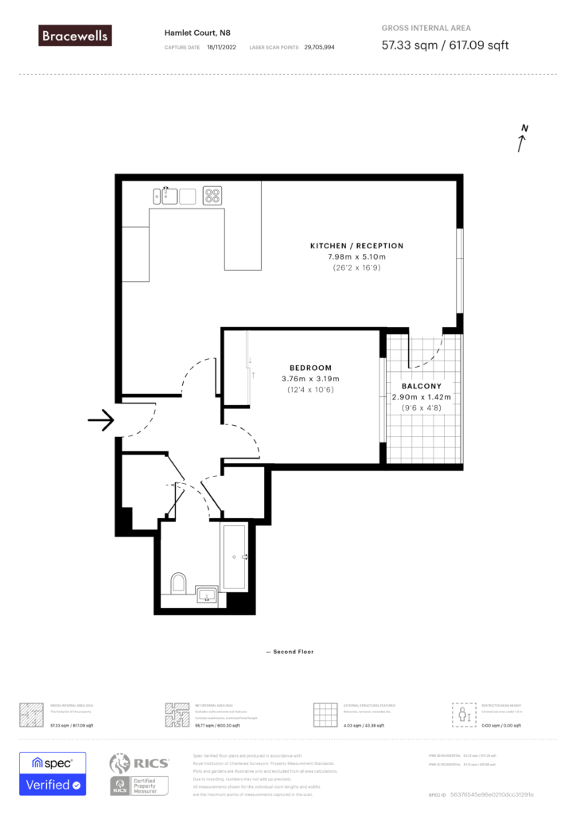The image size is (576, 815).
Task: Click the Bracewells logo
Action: [x=76, y=35]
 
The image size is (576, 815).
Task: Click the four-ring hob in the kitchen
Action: [x=212, y=195]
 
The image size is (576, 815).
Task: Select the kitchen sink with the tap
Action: [x=169, y=195]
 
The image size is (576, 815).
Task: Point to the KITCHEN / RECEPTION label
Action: [x=356, y=246]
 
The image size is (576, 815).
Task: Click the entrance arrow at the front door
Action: [x=102, y=421]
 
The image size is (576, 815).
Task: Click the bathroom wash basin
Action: [x=207, y=594]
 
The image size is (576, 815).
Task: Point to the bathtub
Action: [x=235, y=557]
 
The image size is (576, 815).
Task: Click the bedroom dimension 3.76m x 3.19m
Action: [x=310, y=379]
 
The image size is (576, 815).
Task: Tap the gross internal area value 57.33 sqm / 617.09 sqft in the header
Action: [x=445, y=45]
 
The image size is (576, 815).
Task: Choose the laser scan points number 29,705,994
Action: [x=319, y=48]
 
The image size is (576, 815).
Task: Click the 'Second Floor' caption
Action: [x=290, y=652]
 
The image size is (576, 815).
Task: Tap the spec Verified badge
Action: [x=53, y=774]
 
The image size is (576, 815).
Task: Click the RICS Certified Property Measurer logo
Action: [x=139, y=774]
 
